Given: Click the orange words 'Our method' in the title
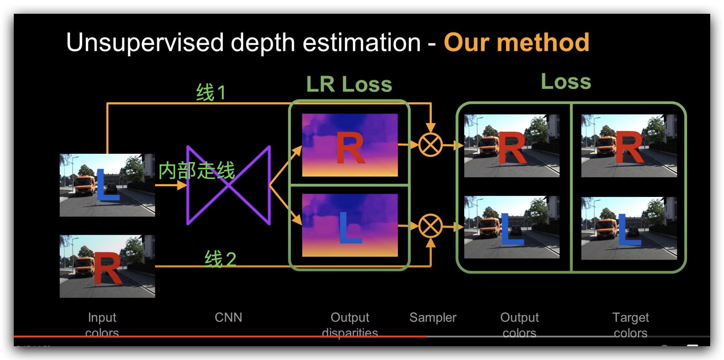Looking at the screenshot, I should [x=516, y=42].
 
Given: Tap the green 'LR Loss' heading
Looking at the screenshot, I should [x=349, y=84].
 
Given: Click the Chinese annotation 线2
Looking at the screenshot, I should [x=220, y=259].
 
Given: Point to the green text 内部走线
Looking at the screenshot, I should [x=196, y=170].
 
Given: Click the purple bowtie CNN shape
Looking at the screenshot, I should [x=228, y=186].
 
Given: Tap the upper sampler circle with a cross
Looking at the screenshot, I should [x=430, y=145].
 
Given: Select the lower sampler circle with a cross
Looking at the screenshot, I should [x=430, y=226].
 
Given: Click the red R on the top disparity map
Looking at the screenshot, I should [x=350, y=148].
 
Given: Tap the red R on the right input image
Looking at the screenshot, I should [x=108, y=268].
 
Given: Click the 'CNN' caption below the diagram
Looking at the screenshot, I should [x=228, y=317].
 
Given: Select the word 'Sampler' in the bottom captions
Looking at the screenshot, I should [x=433, y=317].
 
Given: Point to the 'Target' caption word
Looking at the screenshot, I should [x=630, y=317].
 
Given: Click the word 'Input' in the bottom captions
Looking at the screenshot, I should [x=102, y=317].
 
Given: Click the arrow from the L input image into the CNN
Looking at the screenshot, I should [x=171, y=186].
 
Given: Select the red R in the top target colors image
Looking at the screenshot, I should [x=629, y=147].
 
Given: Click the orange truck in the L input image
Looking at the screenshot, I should [x=85, y=186].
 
